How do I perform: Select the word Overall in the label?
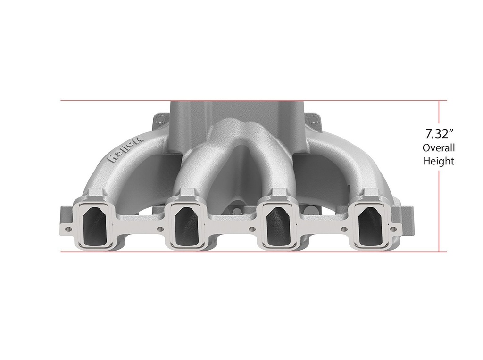coord(438,148)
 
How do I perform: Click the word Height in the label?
coord(438,161)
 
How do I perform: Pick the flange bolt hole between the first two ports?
coord(160,229)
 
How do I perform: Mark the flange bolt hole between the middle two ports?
coord(251,229)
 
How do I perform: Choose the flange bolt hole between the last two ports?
coord(343,229)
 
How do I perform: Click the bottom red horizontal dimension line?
coord(236,252)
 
